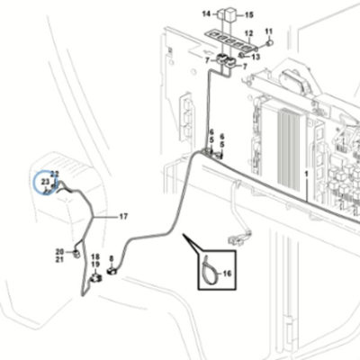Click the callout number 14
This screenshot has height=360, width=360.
[x=206, y=13]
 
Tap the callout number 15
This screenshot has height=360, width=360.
[x=249, y=14]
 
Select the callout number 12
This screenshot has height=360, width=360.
[x=249, y=33]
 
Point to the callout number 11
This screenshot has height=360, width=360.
[x=269, y=31]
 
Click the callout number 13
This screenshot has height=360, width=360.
[x=256, y=57]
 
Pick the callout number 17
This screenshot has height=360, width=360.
[x=123, y=216]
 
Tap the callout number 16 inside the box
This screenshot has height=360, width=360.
[x=228, y=274]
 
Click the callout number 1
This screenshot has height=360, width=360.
[x=306, y=174]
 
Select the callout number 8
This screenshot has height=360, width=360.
[x=112, y=258]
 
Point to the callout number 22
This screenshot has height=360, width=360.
[x=55, y=174]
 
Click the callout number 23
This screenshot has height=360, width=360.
[x=45, y=182]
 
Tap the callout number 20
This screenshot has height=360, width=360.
[x=59, y=252]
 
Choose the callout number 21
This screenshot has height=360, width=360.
[x=59, y=259]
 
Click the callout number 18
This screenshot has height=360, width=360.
[x=95, y=256]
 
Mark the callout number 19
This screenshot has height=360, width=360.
[x=95, y=265]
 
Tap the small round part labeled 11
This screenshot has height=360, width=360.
[x=269, y=42]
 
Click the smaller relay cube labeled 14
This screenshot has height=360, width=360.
[x=220, y=13]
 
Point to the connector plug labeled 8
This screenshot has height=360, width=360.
[x=112, y=272]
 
